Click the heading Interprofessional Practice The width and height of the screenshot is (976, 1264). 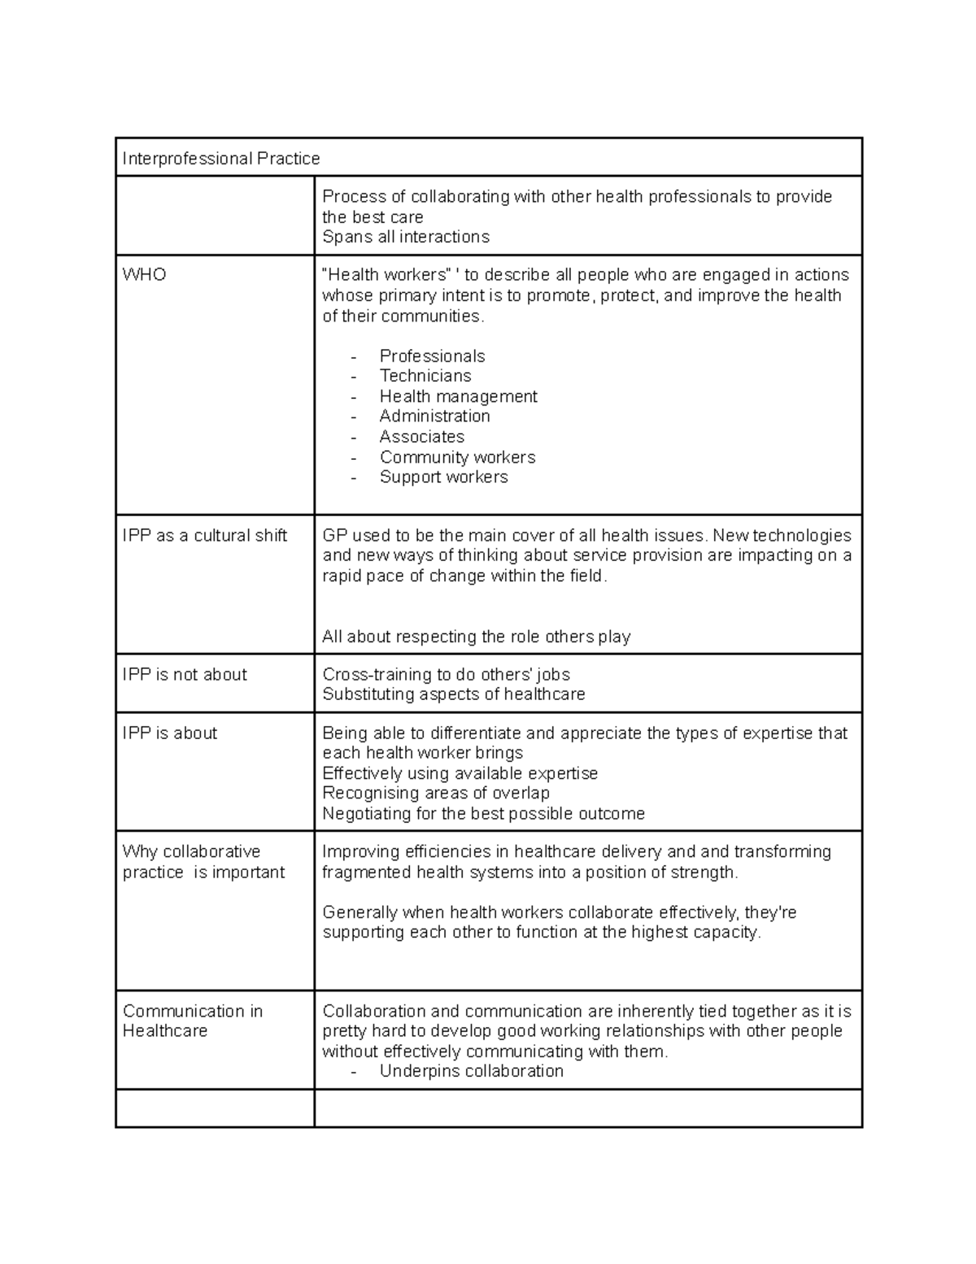coord(220,158)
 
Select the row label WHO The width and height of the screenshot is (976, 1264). coord(144,274)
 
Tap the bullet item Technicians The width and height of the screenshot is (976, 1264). coord(425,375)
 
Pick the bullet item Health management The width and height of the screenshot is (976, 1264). coord(458,396)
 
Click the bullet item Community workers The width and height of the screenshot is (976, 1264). coord(457,457)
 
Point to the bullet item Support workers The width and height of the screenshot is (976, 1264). coord(443,477)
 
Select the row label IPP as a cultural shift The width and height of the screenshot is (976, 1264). coord(204,535)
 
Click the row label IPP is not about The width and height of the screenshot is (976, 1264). coord(185,674)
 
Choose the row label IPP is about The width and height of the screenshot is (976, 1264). coord(170,733)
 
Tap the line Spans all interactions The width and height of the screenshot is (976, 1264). coord(405,237)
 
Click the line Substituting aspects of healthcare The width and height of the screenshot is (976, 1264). coord(453,694)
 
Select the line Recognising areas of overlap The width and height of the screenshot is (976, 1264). coord(435,793)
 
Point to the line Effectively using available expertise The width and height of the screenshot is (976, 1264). coord(460,773)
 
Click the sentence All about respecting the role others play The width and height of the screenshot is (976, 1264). coord(476,636)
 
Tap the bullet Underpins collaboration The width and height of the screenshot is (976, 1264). coord(471,1071)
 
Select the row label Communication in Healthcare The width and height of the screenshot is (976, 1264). coord(192,1021)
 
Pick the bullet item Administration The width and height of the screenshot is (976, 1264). coord(434,416)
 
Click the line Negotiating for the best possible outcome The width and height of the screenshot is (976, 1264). coord(483,814)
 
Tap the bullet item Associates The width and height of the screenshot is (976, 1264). coord(421,436)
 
